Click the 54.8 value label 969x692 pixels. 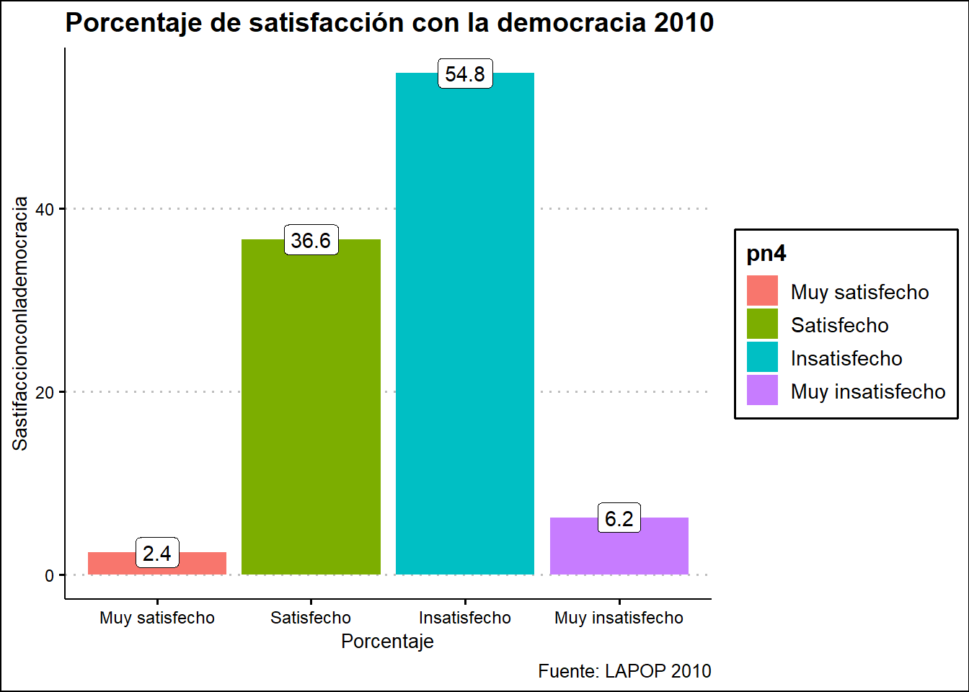tap(465, 74)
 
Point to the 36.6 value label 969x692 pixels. tap(311, 241)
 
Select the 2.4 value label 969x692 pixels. tap(157, 554)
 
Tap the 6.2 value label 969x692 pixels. tap(619, 519)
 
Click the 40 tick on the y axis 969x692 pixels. tap(45, 210)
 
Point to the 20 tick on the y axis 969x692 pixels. tap(45, 393)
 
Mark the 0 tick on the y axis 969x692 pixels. tap(49, 576)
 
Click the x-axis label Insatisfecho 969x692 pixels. tap(465, 618)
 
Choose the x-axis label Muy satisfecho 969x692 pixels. tap(157, 618)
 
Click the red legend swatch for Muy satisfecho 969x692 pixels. tap(762, 291)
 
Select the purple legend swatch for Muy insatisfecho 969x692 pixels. tap(762, 391)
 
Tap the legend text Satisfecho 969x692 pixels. tap(839, 325)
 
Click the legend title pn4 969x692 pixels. tap(766, 254)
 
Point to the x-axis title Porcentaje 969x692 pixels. tap(387, 642)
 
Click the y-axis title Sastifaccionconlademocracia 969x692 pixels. tap(20, 324)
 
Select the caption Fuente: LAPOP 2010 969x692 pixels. tap(624, 671)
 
